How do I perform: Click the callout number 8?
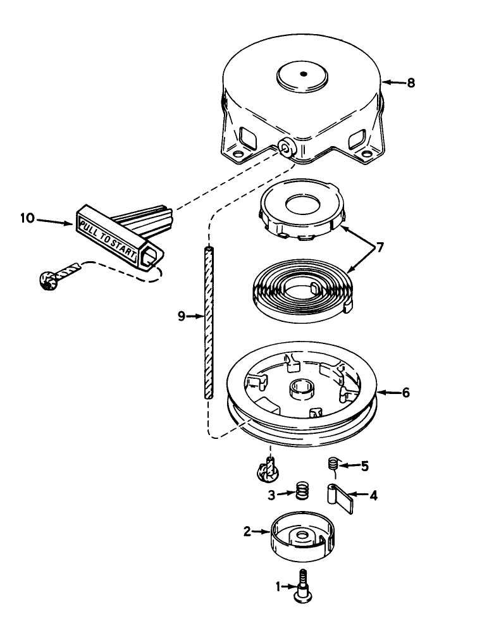[411, 82]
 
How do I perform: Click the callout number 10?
[27, 219]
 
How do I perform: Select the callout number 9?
[182, 316]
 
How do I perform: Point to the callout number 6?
[405, 393]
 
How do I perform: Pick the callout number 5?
[365, 467]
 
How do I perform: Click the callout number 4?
[373, 496]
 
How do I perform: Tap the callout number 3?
[271, 495]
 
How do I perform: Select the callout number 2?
[247, 532]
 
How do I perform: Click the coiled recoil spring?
[301, 290]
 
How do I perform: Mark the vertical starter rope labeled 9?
[208, 323]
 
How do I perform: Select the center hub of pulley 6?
[300, 388]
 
